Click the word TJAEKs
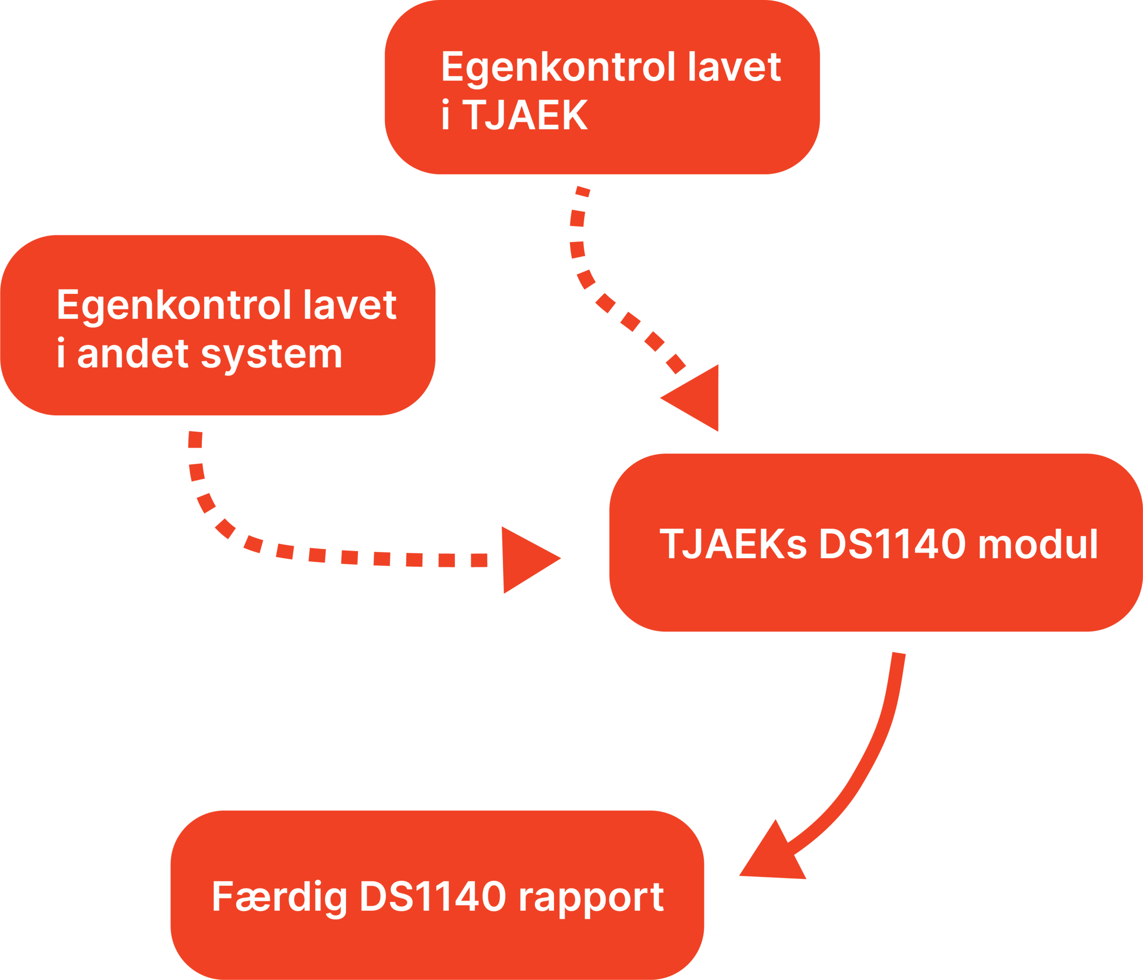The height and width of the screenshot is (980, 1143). (x=733, y=544)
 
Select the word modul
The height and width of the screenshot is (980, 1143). (x=1038, y=544)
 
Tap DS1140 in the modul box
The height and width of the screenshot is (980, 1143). (x=892, y=544)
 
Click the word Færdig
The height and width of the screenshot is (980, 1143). (x=279, y=897)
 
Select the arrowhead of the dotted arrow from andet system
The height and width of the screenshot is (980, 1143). (x=524, y=559)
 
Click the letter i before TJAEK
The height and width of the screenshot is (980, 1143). (x=446, y=115)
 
